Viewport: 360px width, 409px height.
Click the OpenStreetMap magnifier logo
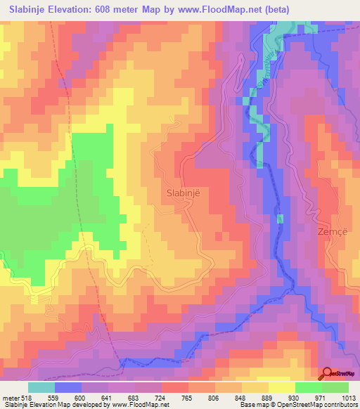328,374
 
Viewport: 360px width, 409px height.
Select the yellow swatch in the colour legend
281,387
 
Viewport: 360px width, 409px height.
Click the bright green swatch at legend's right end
336,387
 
